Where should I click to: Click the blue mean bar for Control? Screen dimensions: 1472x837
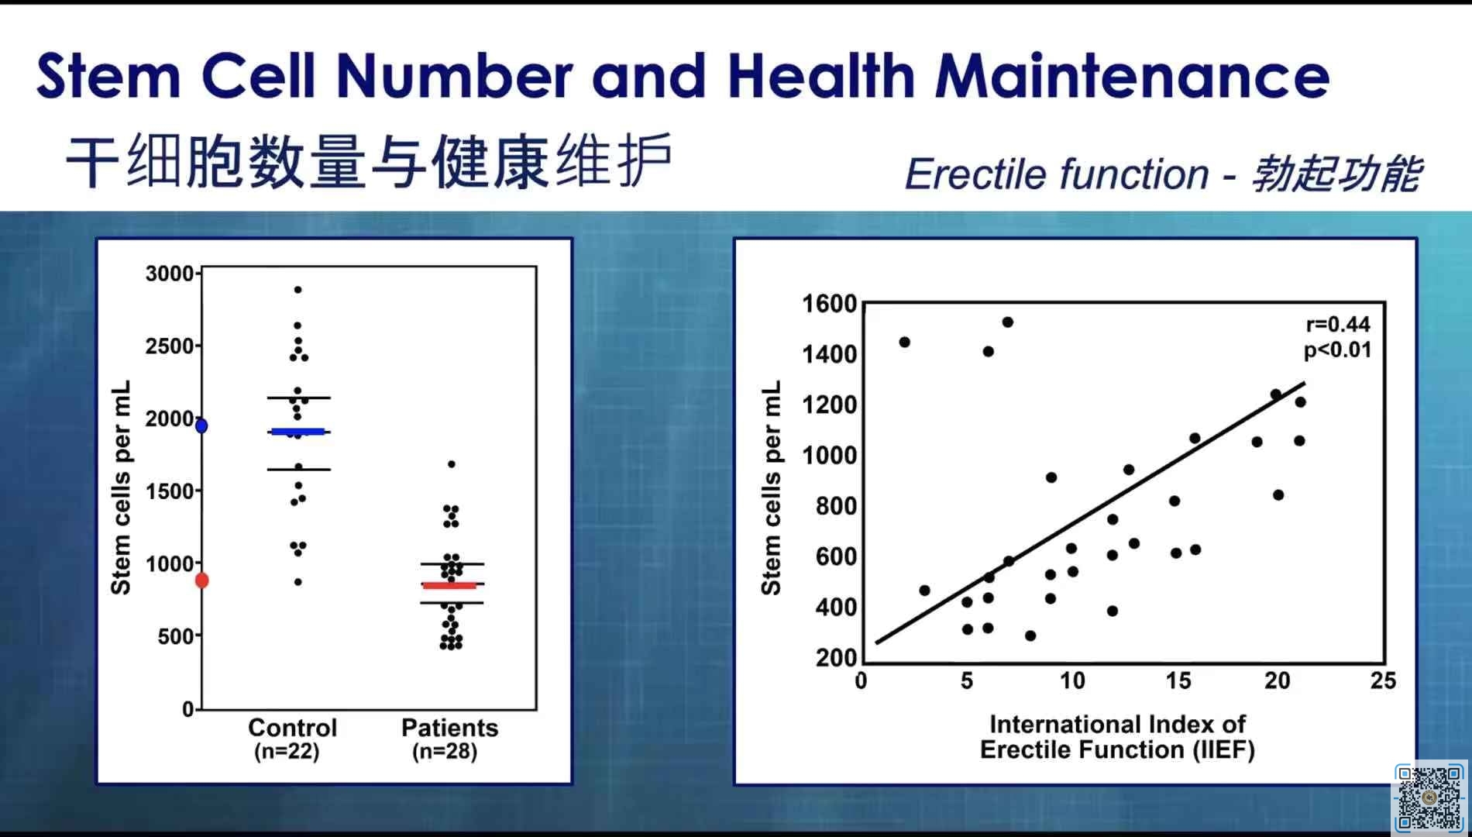(x=297, y=432)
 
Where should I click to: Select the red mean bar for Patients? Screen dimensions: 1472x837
(x=449, y=585)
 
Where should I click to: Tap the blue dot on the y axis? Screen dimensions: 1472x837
(x=201, y=425)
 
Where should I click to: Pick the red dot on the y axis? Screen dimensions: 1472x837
(x=201, y=580)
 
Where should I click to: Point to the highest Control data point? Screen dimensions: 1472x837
(x=297, y=290)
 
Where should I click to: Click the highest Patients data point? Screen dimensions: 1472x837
(x=452, y=464)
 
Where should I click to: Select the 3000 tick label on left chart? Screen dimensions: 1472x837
(x=170, y=274)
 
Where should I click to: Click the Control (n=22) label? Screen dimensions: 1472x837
(x=291, y=739)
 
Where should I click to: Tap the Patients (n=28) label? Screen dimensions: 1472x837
(x=449, y=739)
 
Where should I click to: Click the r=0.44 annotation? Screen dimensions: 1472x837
(x=1338, y=324)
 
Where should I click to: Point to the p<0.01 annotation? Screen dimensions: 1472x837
(x=1338, y=350)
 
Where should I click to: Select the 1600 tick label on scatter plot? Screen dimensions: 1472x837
(x=830, y=304)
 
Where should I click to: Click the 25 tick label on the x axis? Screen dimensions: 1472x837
(x=1383, y=681)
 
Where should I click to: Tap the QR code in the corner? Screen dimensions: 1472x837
(x=1429, y=797)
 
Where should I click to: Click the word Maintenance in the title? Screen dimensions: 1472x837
(x=1132, y=76)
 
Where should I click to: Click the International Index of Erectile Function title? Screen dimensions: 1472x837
(x=1117, y=737)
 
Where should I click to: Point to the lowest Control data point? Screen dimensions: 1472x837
(x=298, y=582)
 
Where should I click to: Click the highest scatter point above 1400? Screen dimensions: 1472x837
(x=1008, y=322)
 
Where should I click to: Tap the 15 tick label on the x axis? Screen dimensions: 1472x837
(x=1178, y=681)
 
